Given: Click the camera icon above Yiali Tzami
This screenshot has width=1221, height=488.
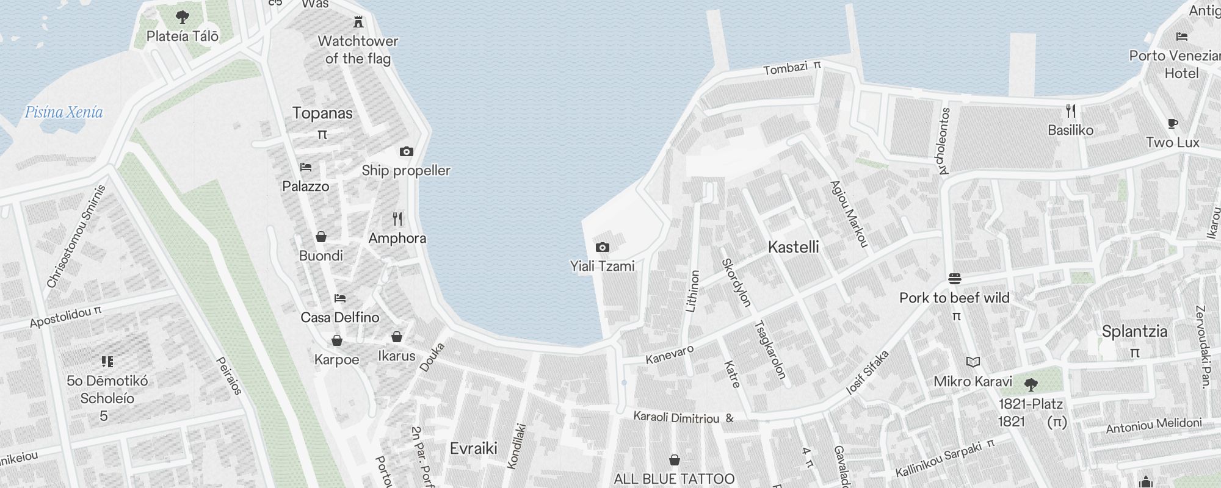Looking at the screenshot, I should (x=603, y=247).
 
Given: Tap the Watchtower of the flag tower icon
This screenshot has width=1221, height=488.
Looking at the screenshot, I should (x=358, y=23).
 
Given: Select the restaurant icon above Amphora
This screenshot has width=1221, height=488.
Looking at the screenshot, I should (x=397, y=219).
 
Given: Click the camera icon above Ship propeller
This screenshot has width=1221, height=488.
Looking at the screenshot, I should (x=407, y=151).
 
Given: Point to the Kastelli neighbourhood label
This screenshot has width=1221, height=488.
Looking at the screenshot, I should (x=793, y=247).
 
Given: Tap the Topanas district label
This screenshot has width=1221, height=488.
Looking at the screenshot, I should (x=322, y=113).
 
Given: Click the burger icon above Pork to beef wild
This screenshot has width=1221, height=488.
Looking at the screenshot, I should (x=955, y=279).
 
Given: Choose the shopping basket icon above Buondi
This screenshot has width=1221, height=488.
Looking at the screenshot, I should (x=321, y=237).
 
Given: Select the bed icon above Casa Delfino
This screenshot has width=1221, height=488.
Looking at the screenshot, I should (x=340, y=298).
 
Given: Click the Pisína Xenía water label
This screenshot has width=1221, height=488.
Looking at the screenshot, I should (x=64, y=112).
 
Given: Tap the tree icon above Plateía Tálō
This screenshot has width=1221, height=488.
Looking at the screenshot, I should (x=182, y=16).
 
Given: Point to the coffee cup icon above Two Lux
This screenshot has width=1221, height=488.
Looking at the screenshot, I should (x=1172, y=123).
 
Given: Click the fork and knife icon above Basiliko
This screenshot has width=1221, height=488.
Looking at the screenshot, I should (x=1071, y=111).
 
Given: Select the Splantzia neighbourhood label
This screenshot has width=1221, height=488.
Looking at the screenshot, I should (x=1134, y=332).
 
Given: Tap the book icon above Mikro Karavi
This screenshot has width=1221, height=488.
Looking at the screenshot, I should (x=973, y=362).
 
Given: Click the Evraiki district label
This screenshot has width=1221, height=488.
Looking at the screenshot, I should (x=474, y=448).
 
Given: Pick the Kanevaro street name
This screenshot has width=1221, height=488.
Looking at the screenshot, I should (x=670, y=354).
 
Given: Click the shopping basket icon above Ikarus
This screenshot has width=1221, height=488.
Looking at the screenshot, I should (x=397, y=337).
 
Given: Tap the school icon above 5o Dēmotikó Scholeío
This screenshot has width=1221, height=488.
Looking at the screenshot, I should (x=107, y=362).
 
